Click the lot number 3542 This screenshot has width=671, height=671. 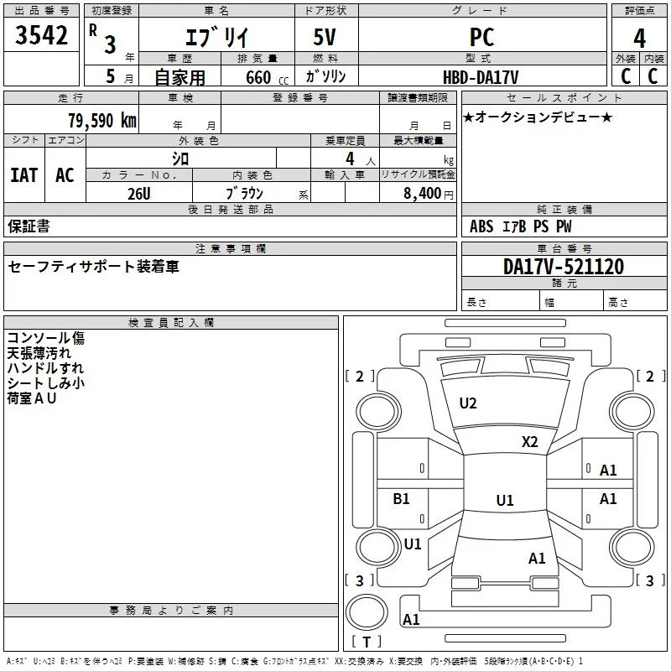tap(41, 35)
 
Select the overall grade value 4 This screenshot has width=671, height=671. tap(639, 39)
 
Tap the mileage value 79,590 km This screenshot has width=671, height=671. tap(102, 121)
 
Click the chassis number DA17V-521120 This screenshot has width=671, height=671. tap(563, 267)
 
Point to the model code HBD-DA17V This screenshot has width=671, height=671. tap(481, 77)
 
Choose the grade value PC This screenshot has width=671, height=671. tap(481, 37)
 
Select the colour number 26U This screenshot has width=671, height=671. tap(139, 194)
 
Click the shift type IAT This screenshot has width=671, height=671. tap(24, 175)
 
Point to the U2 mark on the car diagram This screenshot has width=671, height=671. tap(468, 403)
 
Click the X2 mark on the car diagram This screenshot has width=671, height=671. tap(529, 442)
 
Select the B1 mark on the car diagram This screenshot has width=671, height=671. tap(401, 498)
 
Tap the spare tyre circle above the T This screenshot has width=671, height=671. tap(367, 612)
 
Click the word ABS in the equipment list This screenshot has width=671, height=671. tap(481, 226)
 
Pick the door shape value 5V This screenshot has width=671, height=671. tap(325, 37)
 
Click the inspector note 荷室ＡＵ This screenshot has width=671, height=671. tap(32, 398)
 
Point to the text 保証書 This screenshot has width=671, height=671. tap(29, 226)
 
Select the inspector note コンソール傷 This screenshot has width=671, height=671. tap(46, 338)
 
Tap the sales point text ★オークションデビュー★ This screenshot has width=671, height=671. tap(538, 117)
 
